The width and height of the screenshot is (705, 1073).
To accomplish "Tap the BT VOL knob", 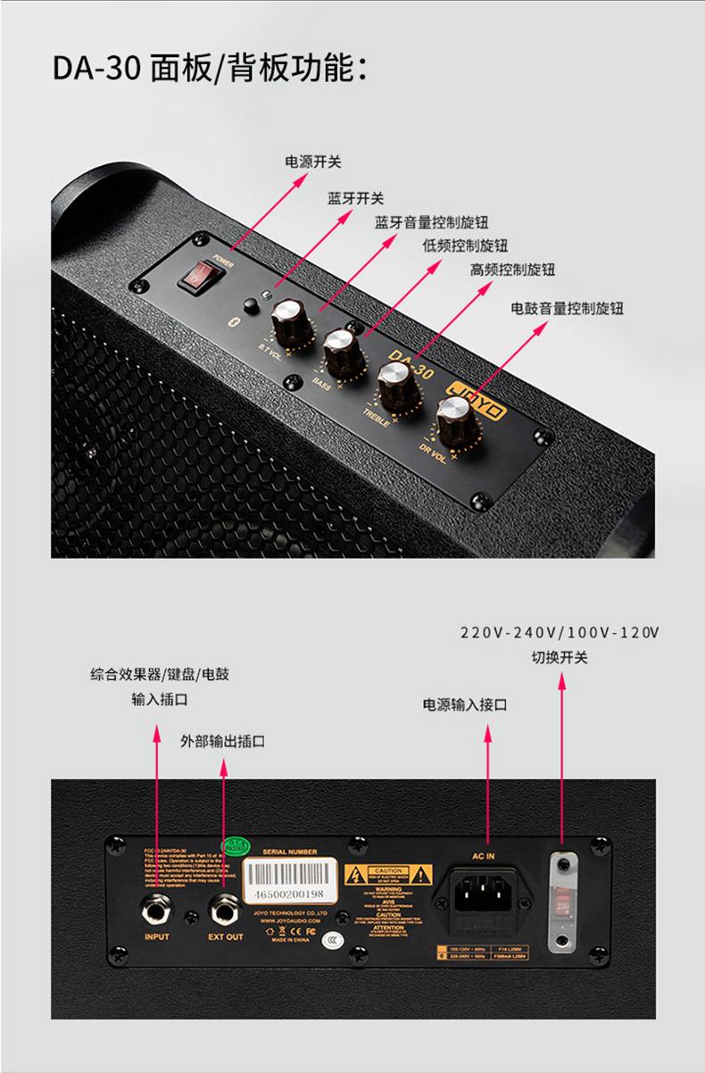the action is (288, 313).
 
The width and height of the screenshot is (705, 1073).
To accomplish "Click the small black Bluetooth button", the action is (251, 306).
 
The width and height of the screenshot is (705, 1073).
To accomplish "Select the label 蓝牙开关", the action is (355, 198).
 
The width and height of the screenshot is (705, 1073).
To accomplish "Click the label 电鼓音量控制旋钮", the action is (567, 308).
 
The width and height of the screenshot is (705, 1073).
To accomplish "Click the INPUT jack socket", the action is (156, 910).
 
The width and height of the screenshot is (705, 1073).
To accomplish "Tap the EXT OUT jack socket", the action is (224, 910).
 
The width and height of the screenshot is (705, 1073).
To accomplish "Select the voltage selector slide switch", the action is (562, 902).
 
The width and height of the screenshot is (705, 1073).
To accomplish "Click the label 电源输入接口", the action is (464, 705).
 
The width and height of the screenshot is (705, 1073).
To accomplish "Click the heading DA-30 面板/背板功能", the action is (210, 68).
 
